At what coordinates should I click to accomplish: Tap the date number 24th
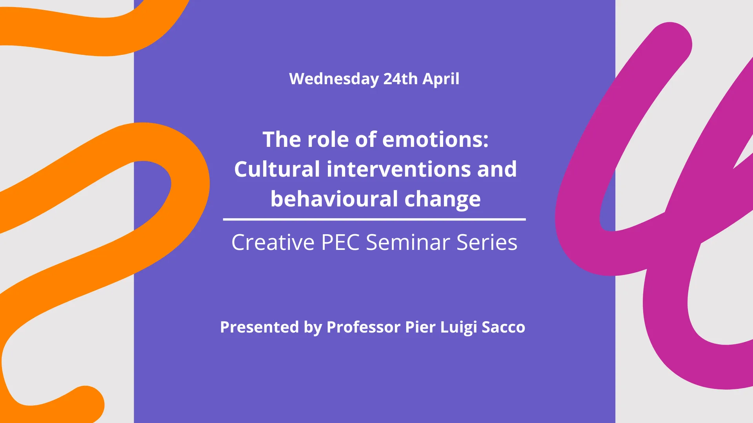(400, 79)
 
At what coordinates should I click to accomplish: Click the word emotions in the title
(435, 139)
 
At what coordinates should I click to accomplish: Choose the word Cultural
(277, 169)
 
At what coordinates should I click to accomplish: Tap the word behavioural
(335, 199)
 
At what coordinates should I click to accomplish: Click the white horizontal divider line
(375, 219)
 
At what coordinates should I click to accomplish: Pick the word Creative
(273, 242)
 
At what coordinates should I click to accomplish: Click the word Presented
(260, 327)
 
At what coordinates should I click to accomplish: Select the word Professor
(364, 327)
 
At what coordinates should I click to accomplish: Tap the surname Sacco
(504, 327)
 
